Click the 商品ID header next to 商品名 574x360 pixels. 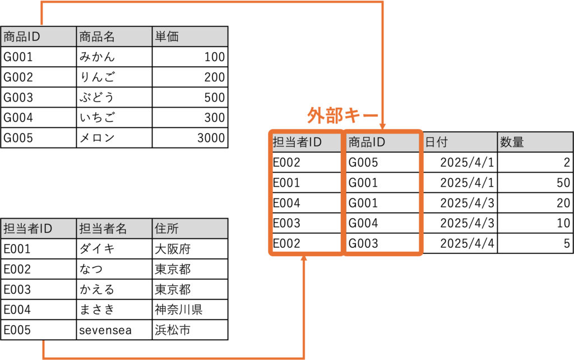point(38,37)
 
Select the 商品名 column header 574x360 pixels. point(114,37)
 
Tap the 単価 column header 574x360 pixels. point(189,37)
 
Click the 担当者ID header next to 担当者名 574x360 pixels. point(38,229)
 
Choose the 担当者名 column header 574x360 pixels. point(114,229)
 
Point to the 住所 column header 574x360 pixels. point(189,229)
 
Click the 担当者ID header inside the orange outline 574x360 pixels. point(306,142)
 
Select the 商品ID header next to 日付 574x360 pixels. point(382,142)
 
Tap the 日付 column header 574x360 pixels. point(459,142)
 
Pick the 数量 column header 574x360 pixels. point(534,142)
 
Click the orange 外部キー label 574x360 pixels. point(342,116)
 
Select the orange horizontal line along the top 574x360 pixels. point(213,2)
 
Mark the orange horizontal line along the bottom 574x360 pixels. point(174,357)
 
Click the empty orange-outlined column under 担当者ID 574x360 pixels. point(306,202)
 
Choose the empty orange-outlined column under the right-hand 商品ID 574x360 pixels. point(382,202)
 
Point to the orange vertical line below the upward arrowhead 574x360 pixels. point(304,308)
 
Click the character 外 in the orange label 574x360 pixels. point(314,116)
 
